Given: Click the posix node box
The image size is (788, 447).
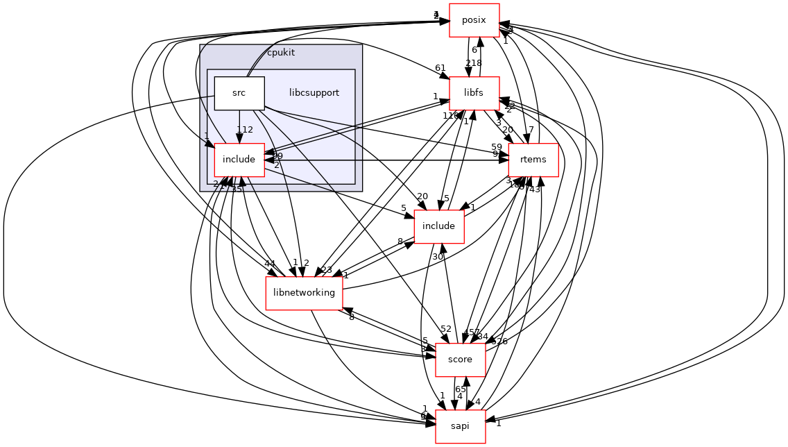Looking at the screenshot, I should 474,20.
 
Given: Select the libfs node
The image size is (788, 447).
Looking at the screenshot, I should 474,93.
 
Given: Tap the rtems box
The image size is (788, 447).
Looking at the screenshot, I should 533,160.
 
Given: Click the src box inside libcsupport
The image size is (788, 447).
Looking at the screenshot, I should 239,93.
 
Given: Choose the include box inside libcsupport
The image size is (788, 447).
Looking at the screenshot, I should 239,160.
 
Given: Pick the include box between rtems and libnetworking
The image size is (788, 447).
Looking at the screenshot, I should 438,226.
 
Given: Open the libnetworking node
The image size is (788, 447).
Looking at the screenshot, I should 304,293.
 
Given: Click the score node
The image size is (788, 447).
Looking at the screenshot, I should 460,360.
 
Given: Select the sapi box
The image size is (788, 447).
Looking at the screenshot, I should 460,426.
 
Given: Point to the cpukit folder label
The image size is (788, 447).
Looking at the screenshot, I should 280,53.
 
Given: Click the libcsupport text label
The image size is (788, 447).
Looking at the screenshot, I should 314,93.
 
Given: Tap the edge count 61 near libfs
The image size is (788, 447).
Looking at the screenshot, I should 440,67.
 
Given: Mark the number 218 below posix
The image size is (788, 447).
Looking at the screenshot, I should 474,63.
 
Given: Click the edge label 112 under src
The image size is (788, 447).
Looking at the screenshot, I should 244,130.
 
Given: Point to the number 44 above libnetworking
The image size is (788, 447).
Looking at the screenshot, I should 269,264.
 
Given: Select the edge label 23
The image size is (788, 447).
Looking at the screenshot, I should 327,271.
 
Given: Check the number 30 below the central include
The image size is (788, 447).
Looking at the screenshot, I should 438,257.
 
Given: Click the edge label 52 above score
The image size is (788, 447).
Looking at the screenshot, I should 445,329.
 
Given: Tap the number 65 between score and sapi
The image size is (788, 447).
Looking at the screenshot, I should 460,389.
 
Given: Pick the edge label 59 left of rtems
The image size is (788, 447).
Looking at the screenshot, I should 496,147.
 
